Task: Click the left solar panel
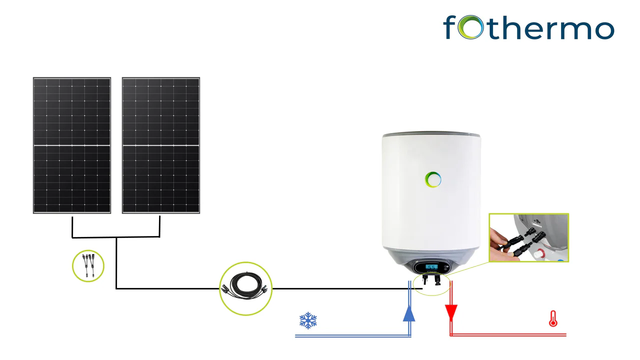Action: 71,145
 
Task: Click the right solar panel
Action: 161,145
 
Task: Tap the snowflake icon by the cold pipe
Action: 308,321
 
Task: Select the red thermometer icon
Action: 551,320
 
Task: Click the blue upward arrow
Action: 409,312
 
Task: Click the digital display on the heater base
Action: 433,267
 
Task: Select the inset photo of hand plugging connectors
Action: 528,238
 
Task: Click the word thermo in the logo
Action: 551,28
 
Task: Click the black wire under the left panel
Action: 71,227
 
